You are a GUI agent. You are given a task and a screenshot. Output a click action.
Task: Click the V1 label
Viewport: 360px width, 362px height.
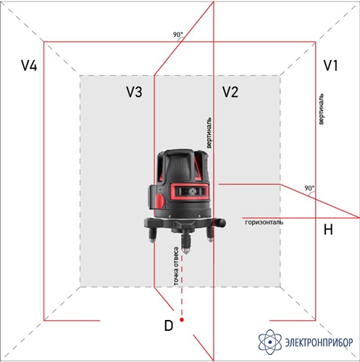pos(330,65)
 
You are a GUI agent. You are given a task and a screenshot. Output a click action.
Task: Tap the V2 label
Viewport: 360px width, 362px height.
pos(230,92)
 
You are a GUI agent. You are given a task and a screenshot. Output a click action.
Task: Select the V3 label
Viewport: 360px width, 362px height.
pos(134,92)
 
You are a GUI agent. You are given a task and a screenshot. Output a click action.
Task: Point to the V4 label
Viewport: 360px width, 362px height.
pos(29,65)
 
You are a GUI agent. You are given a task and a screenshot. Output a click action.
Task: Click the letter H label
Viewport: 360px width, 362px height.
pos(328,230)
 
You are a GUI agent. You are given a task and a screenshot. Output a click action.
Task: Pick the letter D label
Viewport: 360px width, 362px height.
pos(169,326)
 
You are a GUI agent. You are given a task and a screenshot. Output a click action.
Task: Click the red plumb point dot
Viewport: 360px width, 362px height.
pos(182,320)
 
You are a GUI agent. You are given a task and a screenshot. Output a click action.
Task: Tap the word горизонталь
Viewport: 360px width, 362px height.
pos(264,222)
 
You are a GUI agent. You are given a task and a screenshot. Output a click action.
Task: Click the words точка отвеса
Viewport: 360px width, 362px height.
pos(177,266)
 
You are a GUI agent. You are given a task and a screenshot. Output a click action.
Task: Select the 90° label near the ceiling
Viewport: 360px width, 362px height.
pos(178,35)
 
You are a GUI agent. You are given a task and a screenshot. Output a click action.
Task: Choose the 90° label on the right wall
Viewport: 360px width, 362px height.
pos(309,188)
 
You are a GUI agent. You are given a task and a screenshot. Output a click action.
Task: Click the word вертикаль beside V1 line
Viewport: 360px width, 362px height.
pos(321,109)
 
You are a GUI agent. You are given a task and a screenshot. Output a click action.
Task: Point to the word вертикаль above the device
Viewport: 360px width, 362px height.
pos(209,132)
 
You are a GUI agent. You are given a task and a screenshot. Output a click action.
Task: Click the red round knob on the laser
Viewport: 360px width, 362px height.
pos(159,201)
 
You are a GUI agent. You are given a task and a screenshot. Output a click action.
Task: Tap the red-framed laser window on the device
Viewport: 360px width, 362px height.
pos(190,192)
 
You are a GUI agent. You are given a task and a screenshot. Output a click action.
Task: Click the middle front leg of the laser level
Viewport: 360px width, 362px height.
pos(185,241)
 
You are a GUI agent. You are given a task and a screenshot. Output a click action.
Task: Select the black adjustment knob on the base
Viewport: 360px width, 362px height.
pos(219,222)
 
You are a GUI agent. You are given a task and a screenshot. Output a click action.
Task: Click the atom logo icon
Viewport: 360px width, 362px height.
pos(270,342)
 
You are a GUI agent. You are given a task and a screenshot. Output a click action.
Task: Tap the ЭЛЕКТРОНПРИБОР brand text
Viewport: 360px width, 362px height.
pos(319,342)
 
